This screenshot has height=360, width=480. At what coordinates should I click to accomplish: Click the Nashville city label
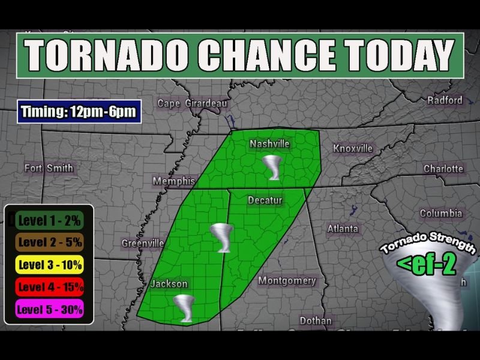[270, 145]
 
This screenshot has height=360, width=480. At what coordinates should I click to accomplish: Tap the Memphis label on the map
[174, 181]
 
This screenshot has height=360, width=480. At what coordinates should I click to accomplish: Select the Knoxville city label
[353, 148]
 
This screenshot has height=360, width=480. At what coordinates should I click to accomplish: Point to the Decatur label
[265, 200]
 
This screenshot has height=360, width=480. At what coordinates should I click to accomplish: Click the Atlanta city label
[343, 229]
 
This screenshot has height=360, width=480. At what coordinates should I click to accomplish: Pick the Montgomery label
[287, 281]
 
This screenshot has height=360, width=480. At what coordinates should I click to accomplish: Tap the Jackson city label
[169, 284]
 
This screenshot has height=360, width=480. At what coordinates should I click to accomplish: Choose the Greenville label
[143, 243]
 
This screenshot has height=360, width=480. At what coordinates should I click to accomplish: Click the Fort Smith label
[49, 168]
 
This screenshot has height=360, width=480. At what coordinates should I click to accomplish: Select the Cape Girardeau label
[193, 104]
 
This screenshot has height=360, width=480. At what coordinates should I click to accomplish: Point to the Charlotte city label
[443, 169]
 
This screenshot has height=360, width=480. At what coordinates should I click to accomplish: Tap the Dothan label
[316, 321]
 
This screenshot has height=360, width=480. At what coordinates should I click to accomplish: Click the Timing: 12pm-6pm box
[79, 112]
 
